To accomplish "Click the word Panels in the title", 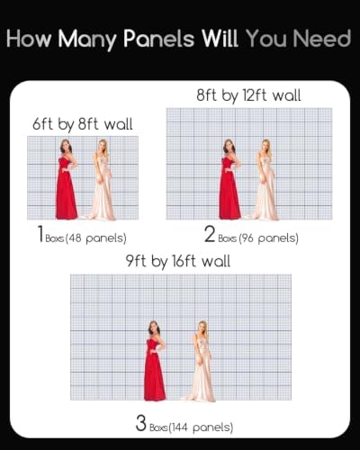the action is pyautogui.click(x=159, y=39).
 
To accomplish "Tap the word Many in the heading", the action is pyautogui.click(x=87, y=40).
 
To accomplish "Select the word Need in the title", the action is pyautogui.click(x=321, y=39).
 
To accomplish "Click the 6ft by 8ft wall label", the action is pyautogui.click(x=83, y=124).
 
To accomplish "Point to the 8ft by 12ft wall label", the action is pyautogui.click(x=248, y=95).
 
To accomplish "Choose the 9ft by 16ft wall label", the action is pyautogui.click(x=178, y=261).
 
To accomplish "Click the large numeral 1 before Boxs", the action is pyautogui.click(x=40, y=234).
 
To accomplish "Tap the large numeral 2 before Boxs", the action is pyautogui.click(x=210, y=234).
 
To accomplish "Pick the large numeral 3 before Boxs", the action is pyautogui.click(x=141, y=422).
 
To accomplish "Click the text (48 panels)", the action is pyautogui.click(x=95, y=238).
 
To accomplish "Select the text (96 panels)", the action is pyautogui.click(x=268, y=238).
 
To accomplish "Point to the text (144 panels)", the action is pyautogui.click(x=201, y=427).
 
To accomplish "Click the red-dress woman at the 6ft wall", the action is pyautogui.click(x=67, y=179).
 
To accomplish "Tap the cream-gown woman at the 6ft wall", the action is pyautogui.click(x=103, y=179).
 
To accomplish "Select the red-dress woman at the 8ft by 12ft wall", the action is pyautogui.click(x=229, y=179).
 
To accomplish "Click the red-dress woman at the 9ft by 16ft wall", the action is pyautogui.click(x=155, y=361).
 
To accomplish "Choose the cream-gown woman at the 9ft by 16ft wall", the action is pyautogui.click(x=199, y=361).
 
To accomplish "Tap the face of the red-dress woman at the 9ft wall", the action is pyautogui.click(x=154, y=328).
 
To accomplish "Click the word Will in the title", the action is pyautogui.click(x=220, y=39).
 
